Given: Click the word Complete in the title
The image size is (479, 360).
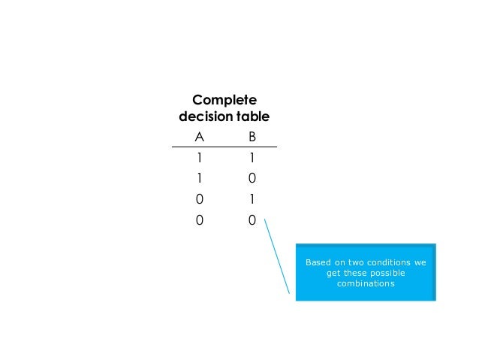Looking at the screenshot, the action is [224, 100].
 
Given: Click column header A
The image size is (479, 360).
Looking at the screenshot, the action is [199, 137].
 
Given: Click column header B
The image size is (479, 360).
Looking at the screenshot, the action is [252, 137].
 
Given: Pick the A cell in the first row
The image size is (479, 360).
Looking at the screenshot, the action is [199, 159].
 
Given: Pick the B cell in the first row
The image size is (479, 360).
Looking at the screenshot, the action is [252, 159].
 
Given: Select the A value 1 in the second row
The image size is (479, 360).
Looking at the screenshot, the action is [199, 179].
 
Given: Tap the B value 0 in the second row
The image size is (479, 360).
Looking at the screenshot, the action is [252, 179].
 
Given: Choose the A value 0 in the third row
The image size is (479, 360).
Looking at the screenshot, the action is [199, 200].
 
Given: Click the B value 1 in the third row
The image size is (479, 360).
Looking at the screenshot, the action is [252, 200].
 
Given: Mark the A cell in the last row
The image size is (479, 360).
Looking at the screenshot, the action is [199, 221].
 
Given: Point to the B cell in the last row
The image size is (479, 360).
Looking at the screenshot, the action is [252, 221].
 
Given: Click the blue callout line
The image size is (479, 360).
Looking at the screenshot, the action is [277, 256].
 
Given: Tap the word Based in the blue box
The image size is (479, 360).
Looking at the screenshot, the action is [318, 262].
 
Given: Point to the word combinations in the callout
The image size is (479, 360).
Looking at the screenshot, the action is [366, 283].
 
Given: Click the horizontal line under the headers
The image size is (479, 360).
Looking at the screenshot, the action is [225, 147].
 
